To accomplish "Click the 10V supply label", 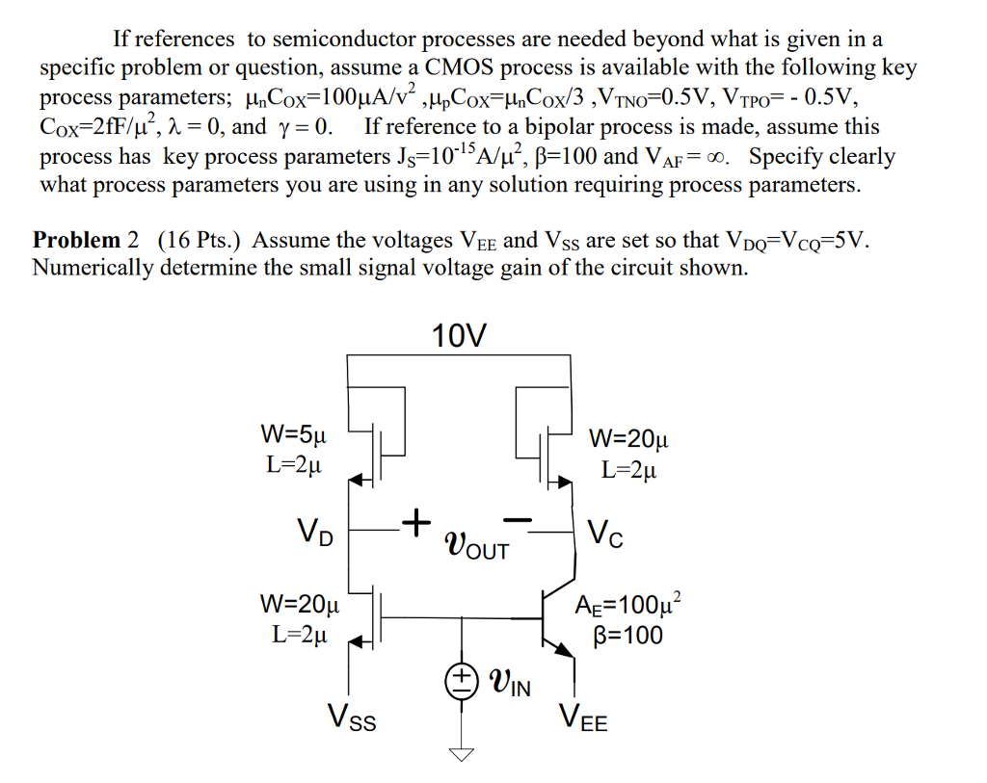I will click(x=460, y=336).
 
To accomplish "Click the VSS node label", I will click(x=352, y=718).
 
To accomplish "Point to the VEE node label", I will click(x=583, y=718).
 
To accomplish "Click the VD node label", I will click(x=315, y=532).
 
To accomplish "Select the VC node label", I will click(x=604, y=533).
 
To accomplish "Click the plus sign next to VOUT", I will click(x=413, y=522).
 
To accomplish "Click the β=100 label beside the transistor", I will click(x=631, y=635).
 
